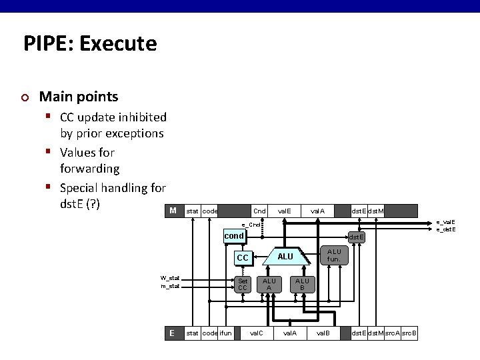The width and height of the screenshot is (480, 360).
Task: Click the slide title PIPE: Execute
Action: point(90,44)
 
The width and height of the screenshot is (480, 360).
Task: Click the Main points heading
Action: point(79,97)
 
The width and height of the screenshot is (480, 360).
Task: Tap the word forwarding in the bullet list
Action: point(89,169)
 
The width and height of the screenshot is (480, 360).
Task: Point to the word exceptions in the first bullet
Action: point(131,133)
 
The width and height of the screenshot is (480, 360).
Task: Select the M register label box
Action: point(173,211)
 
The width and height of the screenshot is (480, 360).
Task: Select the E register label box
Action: point(173,333)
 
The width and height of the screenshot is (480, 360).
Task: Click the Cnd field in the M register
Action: point(259,211)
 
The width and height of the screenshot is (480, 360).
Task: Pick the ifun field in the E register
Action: point(226,333)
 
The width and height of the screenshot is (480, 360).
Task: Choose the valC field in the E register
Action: point(256,333)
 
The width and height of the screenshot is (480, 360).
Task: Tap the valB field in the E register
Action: point(323,333)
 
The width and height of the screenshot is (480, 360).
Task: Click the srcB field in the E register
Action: point(409,333)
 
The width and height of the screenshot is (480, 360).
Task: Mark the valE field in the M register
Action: point(284,211)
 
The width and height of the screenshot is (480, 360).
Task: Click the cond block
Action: point(234,236)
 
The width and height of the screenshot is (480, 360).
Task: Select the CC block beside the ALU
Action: point(243,257)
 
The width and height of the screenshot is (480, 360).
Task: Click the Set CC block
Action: point(243,285)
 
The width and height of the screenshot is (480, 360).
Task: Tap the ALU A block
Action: point(269,285)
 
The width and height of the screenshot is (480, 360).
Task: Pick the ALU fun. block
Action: point(333,255)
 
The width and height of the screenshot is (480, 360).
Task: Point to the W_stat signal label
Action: point(169,278)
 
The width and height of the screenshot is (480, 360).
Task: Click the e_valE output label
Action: point(446,222)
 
